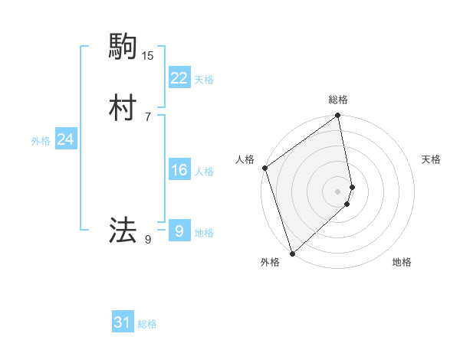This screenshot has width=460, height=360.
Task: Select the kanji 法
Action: click(x=123, y=229)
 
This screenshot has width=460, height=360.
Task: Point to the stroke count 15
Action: click(x=148, y=55)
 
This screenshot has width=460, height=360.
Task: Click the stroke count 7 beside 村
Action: click(x=147, y=116)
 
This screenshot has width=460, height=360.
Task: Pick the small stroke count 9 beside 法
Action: click(x=147, y=240)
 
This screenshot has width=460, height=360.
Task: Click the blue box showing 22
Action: click(x=179, y=78)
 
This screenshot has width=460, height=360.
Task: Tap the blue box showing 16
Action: click(x=179, y=170)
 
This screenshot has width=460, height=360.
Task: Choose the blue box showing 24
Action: click(x=66, y=139)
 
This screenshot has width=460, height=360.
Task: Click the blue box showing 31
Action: click(x=123, y=323)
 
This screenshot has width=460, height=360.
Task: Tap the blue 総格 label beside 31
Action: click(x=147, y=324)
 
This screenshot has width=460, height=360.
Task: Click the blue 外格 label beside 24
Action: click(x=41, y=141)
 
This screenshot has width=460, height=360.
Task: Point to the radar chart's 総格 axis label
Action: click(x=338, y=100)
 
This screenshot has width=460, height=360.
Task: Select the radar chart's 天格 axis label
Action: click(x=431, y=159)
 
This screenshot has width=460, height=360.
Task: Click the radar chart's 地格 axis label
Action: click(x=402, y=263)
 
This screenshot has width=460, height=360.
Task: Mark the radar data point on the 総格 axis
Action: click(x=338, y=116)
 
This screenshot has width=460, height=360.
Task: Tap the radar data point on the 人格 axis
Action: click(x=264, y=168)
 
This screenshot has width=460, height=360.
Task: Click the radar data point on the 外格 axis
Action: click(x=292, y=253)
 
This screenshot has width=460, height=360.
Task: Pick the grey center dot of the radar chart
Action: click(x=338, y=191)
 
